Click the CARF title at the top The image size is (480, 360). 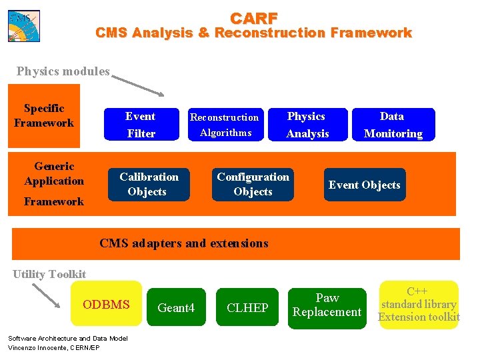[x=254, y=18]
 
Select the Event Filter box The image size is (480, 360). [x=141, y=125]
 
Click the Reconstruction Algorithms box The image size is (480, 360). [x=225, y=125]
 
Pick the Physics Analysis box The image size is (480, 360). [x=307, y=125]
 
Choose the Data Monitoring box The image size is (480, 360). [x=393, y=125]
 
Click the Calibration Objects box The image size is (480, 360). [x=149, y=184]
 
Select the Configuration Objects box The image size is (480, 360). [x=253, y=184]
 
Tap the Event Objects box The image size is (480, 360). [x=364, y=185]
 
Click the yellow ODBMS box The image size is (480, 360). [x=107, y=304]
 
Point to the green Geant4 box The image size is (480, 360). [x=176, y=307]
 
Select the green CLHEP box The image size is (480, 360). [x=247, y=307]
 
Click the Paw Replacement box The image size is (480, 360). [x=327, y=305]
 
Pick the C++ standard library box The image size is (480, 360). [x=419, y=305]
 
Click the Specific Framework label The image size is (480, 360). [x=44, y=115]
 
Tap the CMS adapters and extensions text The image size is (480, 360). [x=183, y=243]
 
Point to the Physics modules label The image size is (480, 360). [x=63, y=71]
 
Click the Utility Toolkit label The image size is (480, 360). [x=49, y=274]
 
